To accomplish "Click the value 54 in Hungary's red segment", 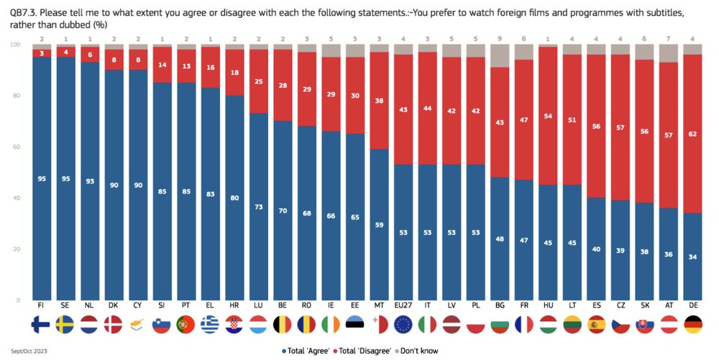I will tap(549, 116).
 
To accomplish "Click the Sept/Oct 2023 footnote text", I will tap(26, 350).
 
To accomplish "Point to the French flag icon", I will tap(524, 325).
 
